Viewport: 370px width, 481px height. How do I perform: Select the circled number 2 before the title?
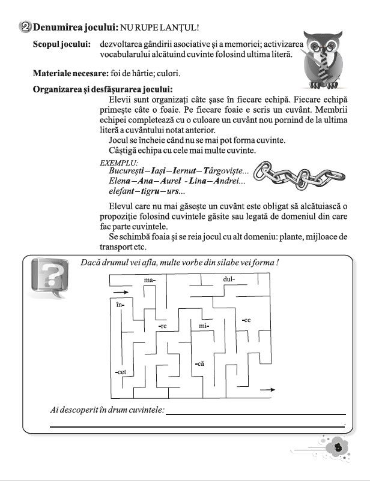(x=25, y=26)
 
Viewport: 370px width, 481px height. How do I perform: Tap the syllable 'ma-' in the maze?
(x=150, y=280)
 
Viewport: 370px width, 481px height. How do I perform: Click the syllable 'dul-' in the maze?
(x=229, y=279)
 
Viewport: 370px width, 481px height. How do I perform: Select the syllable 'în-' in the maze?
(x=120, y=305)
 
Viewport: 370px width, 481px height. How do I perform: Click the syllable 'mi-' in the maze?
(x=203, y=326)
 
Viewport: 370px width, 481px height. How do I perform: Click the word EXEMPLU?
(x=119, y=163)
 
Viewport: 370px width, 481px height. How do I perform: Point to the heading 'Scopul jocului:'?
(x=62, y=44)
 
